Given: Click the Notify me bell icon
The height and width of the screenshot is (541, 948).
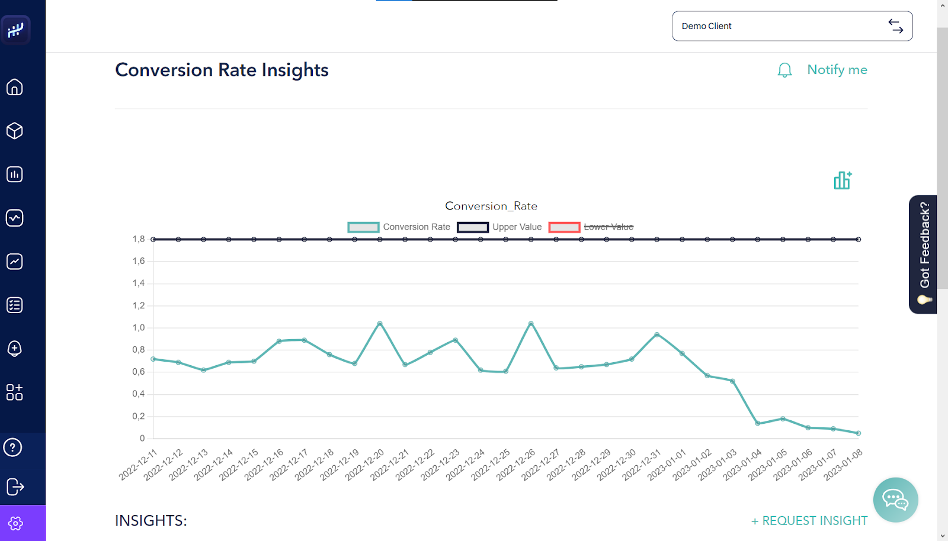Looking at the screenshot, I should (784, 70).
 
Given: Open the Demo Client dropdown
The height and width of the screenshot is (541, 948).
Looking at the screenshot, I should (792, 26).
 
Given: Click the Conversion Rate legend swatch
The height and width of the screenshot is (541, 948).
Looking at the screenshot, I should (363, 227).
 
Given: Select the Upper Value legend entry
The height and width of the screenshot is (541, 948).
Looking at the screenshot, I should (517, 227).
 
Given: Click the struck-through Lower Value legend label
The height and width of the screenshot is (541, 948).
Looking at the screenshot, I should (608, 227).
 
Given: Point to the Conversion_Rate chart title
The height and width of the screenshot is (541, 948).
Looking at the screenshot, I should (491, 206).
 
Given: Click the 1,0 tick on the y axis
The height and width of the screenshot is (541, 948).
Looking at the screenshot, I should (139, 328).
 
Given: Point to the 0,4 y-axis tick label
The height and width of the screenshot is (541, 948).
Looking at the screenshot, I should (139, 394).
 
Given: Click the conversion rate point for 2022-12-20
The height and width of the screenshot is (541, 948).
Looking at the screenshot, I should (380, 324).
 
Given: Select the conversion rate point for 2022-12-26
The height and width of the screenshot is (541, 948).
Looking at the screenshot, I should (531, 324).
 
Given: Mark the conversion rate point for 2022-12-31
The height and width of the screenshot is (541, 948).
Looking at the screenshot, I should (657, 334).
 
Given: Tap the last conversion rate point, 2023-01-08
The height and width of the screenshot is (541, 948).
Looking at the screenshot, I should (859, 433).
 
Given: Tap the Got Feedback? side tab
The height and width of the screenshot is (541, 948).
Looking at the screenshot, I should (923, 254).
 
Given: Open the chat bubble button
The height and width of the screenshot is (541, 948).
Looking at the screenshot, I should (895, 500).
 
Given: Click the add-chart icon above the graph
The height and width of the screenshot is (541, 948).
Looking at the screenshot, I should (842, 181).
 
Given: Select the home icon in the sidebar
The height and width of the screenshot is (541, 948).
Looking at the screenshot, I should (15, 88).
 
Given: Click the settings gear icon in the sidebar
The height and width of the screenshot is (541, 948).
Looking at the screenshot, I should (15, 523).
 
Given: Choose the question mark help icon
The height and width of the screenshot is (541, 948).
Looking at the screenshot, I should (13, 447).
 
